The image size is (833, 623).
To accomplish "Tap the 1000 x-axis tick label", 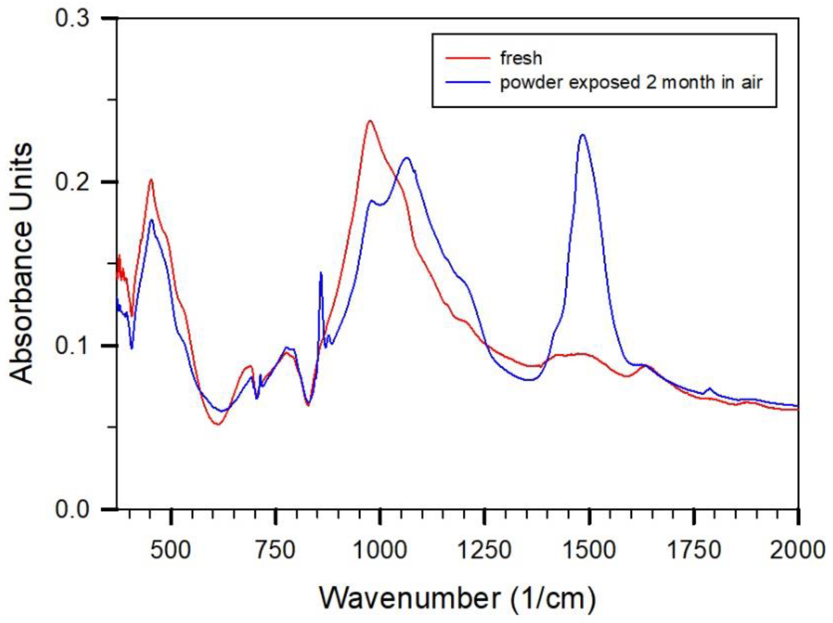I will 381,550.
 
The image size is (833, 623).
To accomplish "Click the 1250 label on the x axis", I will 485,550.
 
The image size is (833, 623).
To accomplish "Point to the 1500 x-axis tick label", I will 590,550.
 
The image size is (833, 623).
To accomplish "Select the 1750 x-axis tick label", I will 693,550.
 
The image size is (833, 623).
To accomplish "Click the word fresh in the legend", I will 521,58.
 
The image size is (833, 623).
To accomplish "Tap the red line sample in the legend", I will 468,58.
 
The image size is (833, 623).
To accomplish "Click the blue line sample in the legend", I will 468,82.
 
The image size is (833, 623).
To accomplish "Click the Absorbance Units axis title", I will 21,264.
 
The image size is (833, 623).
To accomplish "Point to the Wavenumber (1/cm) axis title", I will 458,598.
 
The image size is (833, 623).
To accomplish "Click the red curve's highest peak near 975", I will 370,121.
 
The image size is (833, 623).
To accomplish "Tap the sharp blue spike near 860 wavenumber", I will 321,273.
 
